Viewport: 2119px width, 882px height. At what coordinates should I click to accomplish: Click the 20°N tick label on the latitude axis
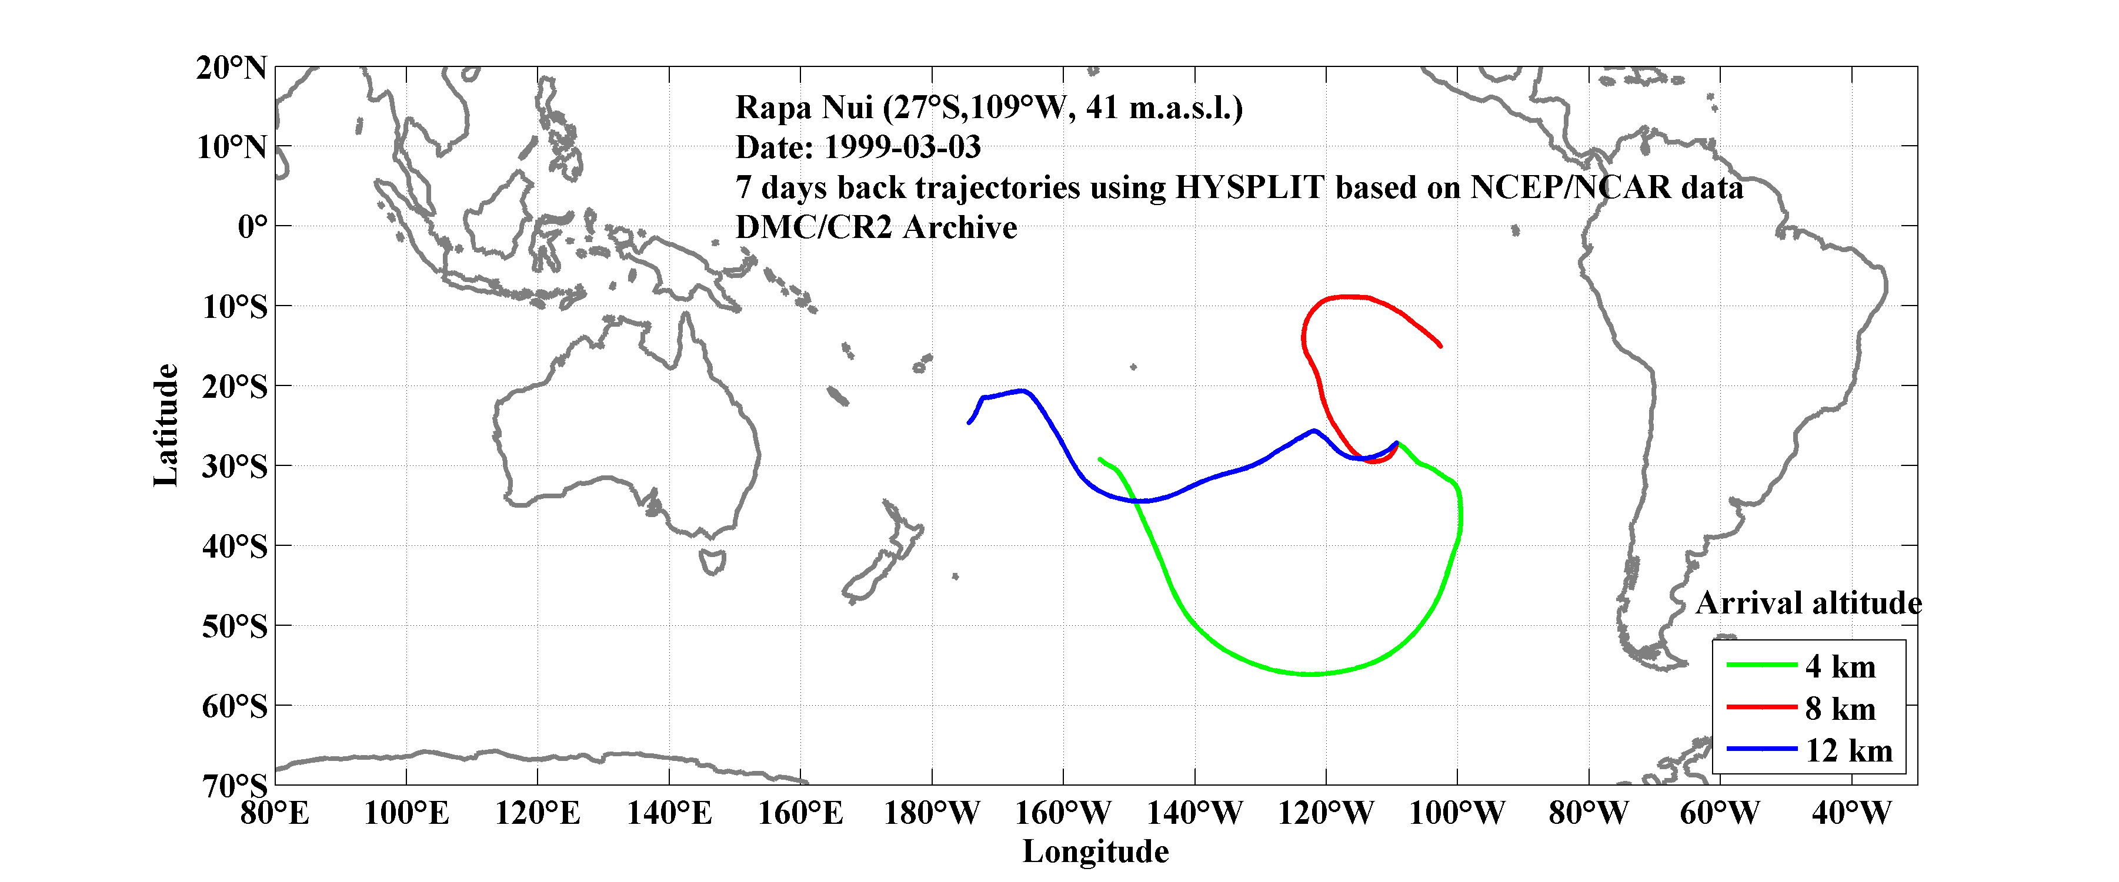pyautogui.click(x=231, y=68)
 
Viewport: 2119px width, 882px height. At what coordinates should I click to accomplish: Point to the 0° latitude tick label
pyautogui.click(x=252, y=226)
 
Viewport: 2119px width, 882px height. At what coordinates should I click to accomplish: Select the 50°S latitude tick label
pyautogui.click(x=235, y=626)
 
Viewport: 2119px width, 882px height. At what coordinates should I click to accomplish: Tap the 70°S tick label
pyautogui.click(x=235, y=786)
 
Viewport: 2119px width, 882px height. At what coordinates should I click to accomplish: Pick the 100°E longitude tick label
pyautogui.click(x=406, y=814)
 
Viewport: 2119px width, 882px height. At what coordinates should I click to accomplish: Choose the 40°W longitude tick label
pyautogui.click(x=1851, y=814)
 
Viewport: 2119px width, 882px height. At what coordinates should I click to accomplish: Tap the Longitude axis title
pyautogui.click(x=1095, y=851)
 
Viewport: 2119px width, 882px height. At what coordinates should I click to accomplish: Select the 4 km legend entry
pyautogui.click(x=1840, y=666)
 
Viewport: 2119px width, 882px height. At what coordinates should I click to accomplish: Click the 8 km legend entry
pyautogui.click(x=1840, y=709)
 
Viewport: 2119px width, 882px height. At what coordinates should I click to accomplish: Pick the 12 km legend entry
pyautogui.click(x=1848, y=750)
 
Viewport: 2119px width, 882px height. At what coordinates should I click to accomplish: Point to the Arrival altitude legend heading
pyautogui.click(x=1808, y=603)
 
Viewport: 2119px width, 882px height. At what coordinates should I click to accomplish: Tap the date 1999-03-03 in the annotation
pyautogui.click(x=902, y=147)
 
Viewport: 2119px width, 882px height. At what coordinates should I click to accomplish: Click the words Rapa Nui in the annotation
pyautogui.click(x=804, y=108)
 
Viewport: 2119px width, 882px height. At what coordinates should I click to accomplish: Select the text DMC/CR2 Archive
pyautogui.click(x=876, y=227)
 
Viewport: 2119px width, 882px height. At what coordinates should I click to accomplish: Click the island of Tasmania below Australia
pyautogui.click(x=712, y=562)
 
